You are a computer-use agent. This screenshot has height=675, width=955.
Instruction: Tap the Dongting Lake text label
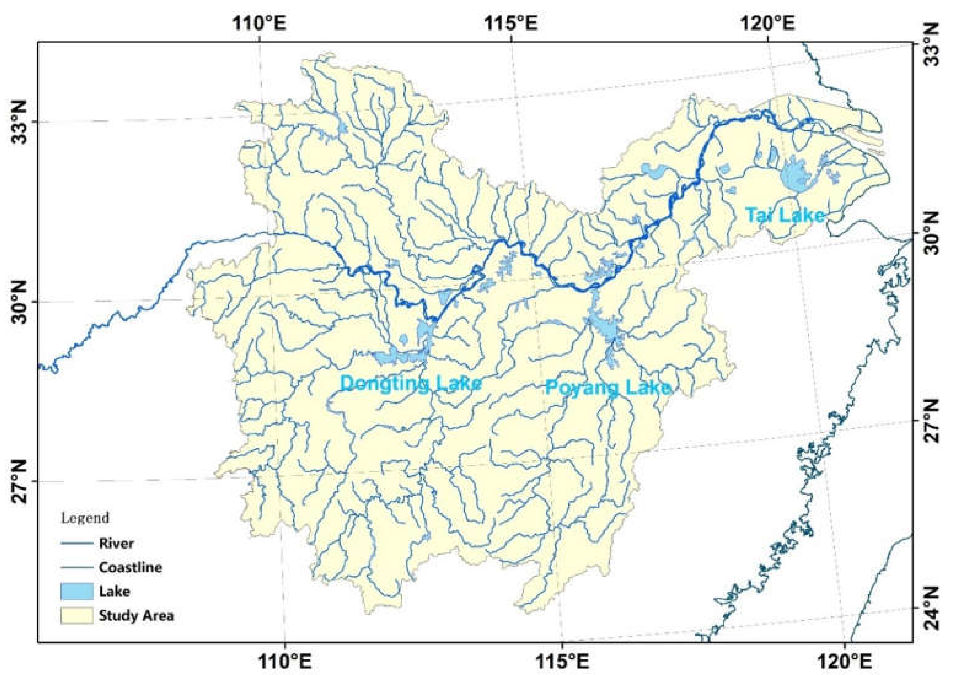(x=411, y=383)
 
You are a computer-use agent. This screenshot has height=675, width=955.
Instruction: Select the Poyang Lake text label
(x=608, y=388)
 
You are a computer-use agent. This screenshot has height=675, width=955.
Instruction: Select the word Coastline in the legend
(x=130, y=567)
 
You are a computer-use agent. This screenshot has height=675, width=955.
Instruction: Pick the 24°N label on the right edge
(x=936, y=609)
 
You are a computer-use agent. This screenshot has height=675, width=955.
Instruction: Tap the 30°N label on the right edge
(x=936, y=233)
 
